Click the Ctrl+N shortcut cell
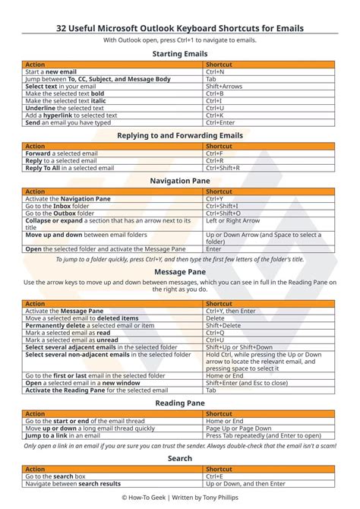tap(215, 72)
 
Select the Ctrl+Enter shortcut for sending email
tap(220, 122)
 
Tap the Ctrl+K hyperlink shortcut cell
tap(214, 115)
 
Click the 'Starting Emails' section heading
tap(180, 54)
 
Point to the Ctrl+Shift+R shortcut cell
tap(222, 168)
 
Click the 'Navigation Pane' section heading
tap(180, 181)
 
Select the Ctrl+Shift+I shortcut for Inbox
tap(222, 206)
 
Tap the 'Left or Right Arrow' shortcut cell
tap(232, 220)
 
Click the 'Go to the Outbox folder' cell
tap(61, 213)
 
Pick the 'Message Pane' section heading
tap(180, 270)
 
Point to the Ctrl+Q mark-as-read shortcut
tap(214, 332)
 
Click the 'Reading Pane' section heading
tap(180, 403)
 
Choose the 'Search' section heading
tap(180, 459)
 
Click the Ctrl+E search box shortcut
tap(214, 476)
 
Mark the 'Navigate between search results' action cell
tap(73, 483)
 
